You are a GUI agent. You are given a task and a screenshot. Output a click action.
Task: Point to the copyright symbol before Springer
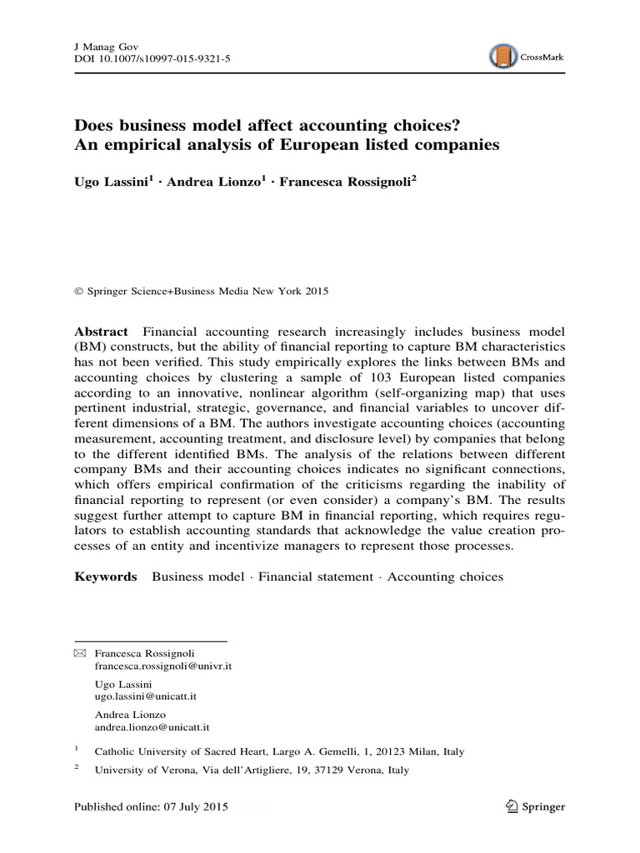point(79,292)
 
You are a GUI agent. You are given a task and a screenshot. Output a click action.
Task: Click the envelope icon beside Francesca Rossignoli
point(80,654)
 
